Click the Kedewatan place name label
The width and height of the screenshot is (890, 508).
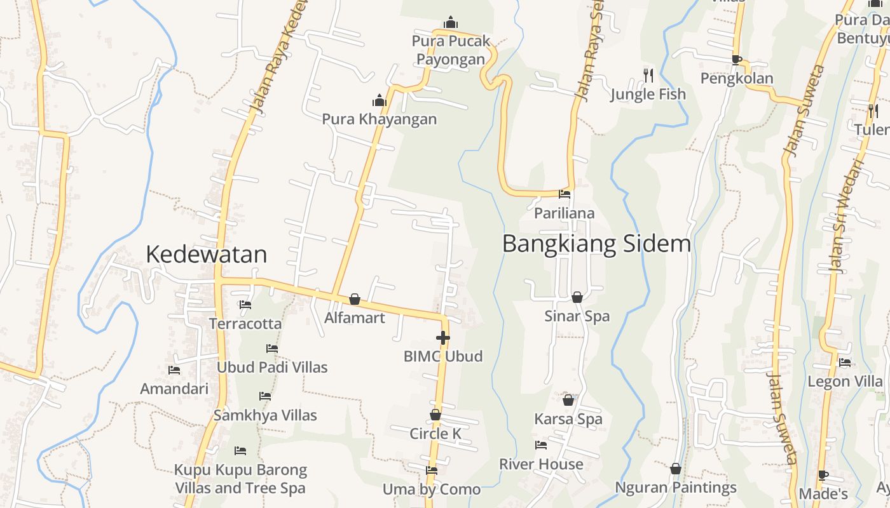[x=206, y=255]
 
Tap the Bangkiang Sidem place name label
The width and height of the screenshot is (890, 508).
[x=596, y=244]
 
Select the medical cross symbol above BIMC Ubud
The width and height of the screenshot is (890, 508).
[x=443, y=338]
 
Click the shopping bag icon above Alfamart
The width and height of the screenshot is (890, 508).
[x=355, y=299]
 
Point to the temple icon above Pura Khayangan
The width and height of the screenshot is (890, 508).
[x=380, y=100]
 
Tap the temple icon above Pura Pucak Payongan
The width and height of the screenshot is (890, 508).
[x=451, y=22]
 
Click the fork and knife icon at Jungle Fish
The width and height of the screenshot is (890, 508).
[x=648, y=76]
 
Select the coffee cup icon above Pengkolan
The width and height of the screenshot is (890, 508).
[x=736, y=60]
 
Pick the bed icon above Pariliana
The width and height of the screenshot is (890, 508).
[x=564, y=194]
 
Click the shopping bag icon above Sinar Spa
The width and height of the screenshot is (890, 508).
[x=577, y=297]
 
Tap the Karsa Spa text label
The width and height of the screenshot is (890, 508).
[x=568, y=419]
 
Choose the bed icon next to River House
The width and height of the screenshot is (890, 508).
[x=541, y=445]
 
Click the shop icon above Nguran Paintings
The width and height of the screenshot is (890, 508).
[x=676, y=469]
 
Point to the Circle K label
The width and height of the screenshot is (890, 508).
[x=435, y=434]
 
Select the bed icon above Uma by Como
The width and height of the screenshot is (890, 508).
[x=432, y=471]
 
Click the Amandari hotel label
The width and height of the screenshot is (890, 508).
[x=174, y=389]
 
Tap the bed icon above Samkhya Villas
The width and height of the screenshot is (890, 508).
[x=265, y=396]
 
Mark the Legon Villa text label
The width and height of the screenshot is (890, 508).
[x=845, y=381]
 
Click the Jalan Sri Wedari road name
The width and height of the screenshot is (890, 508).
[x=847, y=217]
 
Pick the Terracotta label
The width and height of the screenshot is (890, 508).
[x=245, y=323]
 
